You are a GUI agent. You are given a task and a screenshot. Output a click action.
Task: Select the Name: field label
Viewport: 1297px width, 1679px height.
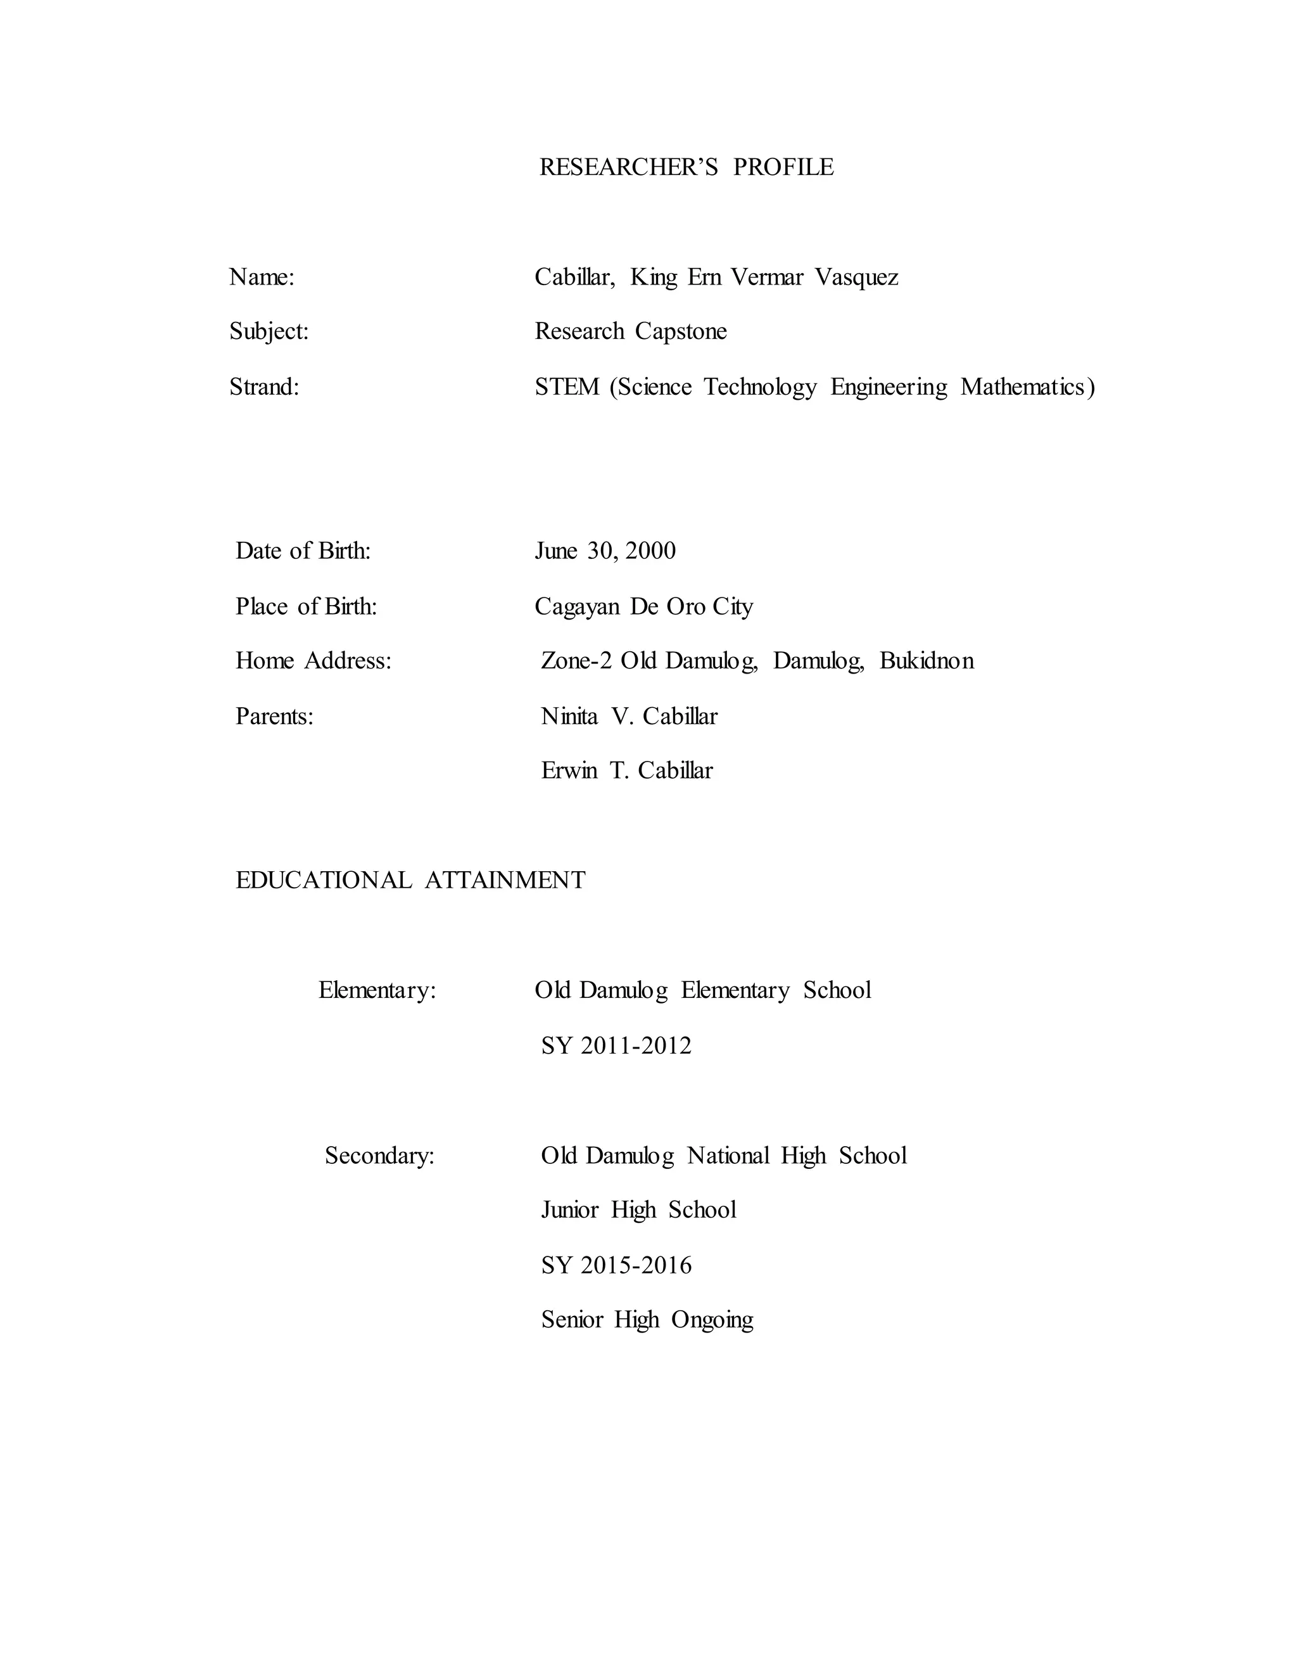(x=262, y=277)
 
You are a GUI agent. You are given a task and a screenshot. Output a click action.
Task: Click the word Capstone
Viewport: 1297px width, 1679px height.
(x=681, y=331)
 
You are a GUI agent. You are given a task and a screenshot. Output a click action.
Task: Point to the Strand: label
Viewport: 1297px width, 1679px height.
(x=264, y=386)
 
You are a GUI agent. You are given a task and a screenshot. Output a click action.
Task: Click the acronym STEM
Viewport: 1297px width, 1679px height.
(x=567, y=386)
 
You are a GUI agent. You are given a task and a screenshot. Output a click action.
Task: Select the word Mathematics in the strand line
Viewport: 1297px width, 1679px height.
(x=1023, y=386)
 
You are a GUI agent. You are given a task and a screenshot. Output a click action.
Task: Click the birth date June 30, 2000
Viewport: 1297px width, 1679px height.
(x=605, y=551)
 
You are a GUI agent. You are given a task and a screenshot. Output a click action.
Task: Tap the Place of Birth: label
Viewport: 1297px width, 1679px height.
(x=306, y=606)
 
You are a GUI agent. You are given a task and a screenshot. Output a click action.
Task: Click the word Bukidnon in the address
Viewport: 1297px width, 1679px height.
(x=927, y=661)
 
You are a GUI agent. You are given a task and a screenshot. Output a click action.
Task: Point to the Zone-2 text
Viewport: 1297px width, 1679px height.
(x=576, y=661)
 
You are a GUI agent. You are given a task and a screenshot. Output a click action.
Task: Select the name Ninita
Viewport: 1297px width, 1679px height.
(x=569, y=717)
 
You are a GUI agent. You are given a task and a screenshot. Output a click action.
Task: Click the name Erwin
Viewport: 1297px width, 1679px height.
(x=569, y=771)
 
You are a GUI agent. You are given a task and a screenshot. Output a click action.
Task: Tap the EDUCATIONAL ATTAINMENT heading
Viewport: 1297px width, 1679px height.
(x=410, y=880)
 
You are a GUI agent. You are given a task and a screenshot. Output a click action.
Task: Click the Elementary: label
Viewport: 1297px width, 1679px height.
(x=377, y=990)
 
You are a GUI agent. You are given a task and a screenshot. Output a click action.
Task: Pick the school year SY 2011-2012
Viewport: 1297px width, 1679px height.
(x=616, y=1045)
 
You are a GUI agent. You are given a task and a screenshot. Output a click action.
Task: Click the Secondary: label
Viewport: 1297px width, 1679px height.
(x=379, y=1156)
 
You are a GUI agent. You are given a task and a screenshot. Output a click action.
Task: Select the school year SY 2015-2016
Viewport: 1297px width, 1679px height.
(x=616, y=1265)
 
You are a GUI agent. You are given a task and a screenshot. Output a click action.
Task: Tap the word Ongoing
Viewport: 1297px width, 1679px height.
(x=712, y=1320)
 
